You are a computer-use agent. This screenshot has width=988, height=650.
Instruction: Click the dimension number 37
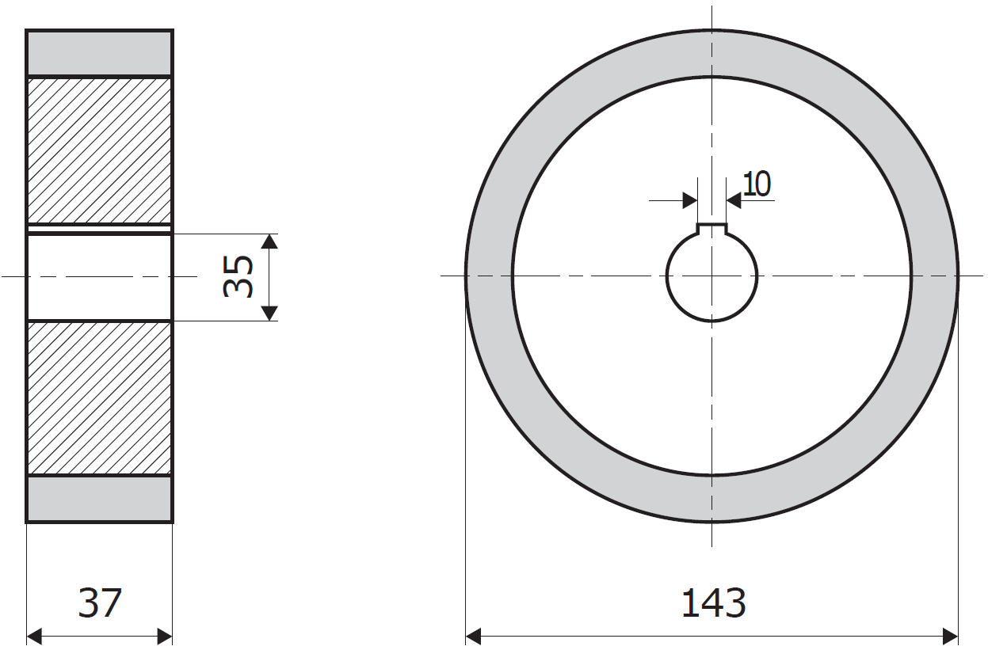click(x=100, y=602)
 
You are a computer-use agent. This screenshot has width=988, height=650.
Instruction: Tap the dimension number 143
click(x=714, y=602)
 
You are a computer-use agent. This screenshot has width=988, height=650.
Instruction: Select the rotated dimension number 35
click(x=238, y=276)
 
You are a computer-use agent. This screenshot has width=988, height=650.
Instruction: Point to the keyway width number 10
click(x=757, y=184)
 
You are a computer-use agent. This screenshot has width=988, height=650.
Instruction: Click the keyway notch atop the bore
click(x=711, y=229)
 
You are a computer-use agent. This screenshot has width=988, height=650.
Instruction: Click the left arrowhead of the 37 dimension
click(x=34, y=637)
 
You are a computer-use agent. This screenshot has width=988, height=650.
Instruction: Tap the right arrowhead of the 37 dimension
click(x=165, y=637)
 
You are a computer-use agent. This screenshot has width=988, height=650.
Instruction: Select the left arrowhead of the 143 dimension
click(x=473, y=637)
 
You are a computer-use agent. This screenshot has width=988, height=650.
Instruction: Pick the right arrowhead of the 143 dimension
click(x=950, y=637)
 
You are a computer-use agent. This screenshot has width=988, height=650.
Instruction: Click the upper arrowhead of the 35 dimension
click(x=269, y=241)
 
